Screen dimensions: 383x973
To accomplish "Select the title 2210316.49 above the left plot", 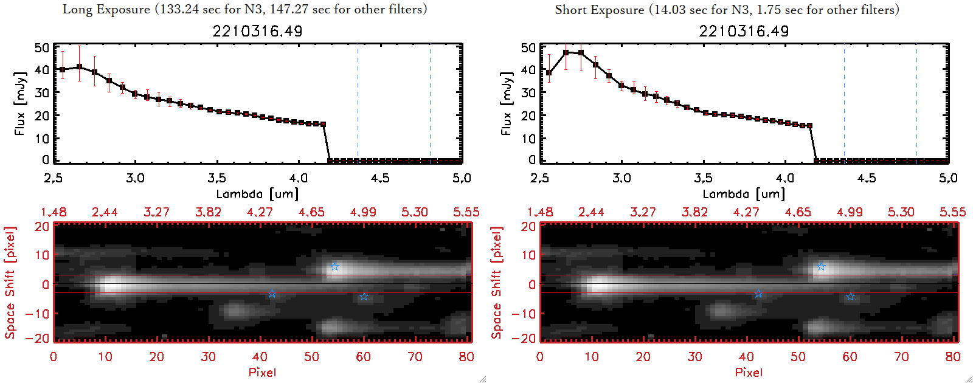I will pyautogui.click(x=257, y=31).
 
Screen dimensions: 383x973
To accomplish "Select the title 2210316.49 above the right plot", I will pyautogui.click(x=744, y=31).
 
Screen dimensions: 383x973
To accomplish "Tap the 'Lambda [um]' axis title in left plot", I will pyautogui.click(x=257, y=194).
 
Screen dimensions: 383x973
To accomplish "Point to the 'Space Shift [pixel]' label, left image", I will pyautogui.click(x=10, y=282).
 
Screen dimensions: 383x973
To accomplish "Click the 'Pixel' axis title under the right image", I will pyautogui.click(x=749, y=372).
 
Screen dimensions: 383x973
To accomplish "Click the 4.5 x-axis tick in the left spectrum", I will pyautogui.click(x=380, y=178).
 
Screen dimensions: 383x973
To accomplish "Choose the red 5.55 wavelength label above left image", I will pyautogui.click(x=466, y=212).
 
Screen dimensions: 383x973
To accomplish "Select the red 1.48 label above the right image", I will pyautogui.click(x=540, y=212).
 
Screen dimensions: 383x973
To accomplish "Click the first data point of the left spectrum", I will pyautogui.click(x=62, y=70).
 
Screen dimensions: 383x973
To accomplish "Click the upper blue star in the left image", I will pyautogui.click(x=334, y=267).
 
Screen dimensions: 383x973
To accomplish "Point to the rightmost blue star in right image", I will pyautogui.click(x=850, y=296).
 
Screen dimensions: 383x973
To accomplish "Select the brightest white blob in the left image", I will pyautogui.click(x=111, y=285).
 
